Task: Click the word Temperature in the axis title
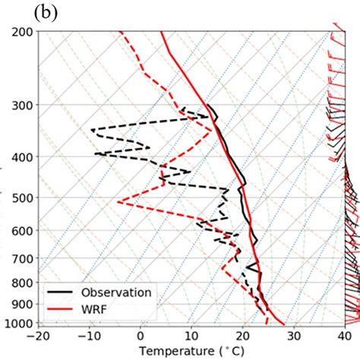click(172, 351)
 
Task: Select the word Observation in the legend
click(116, 292)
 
